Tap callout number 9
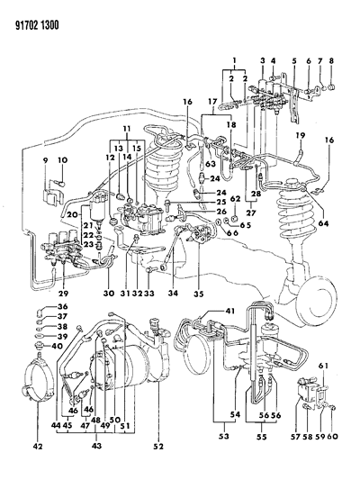click(45, 160)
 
